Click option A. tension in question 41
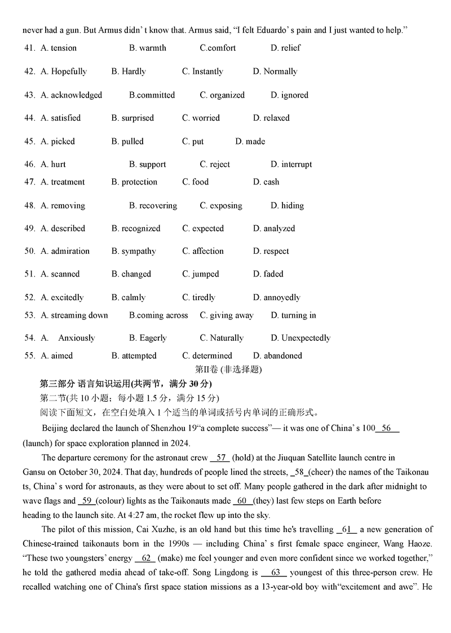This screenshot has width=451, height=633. (x=59, y=48)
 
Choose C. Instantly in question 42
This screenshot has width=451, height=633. (x=202, y=72)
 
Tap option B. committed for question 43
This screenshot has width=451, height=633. (x=152, y=95)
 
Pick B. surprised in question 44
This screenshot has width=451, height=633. (x=132, y=118)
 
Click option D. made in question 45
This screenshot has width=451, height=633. (x=250, y=142)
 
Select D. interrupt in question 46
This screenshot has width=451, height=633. (x=291, y=165)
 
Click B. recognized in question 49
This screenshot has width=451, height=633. (x=136, y=228)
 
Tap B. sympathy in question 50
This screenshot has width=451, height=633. (x=134, y=251)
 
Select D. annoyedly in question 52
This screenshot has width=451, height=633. (x=277, y=297)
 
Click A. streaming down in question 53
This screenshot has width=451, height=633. (x=74, y=315)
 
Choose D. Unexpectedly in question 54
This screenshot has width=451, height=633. (x=300, y=338)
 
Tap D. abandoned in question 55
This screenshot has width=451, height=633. (x=277, y=356)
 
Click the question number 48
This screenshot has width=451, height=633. (x=30, y=206)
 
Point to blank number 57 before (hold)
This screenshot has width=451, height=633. (x=220, y=458)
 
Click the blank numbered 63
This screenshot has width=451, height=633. (x=275, y=573)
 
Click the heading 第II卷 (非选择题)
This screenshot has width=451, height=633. (x=228, y=370)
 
